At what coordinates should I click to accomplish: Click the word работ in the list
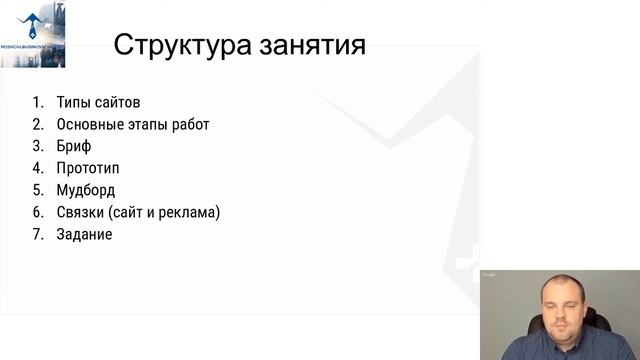tap(190, 124)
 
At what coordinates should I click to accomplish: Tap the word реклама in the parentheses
tap(190, 212)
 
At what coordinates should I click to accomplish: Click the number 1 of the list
tap(37, 102)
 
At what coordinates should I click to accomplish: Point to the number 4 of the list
tap(37, 168)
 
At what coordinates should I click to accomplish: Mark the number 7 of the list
tap(37, 234)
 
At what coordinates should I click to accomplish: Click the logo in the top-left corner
tap(32, 34)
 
